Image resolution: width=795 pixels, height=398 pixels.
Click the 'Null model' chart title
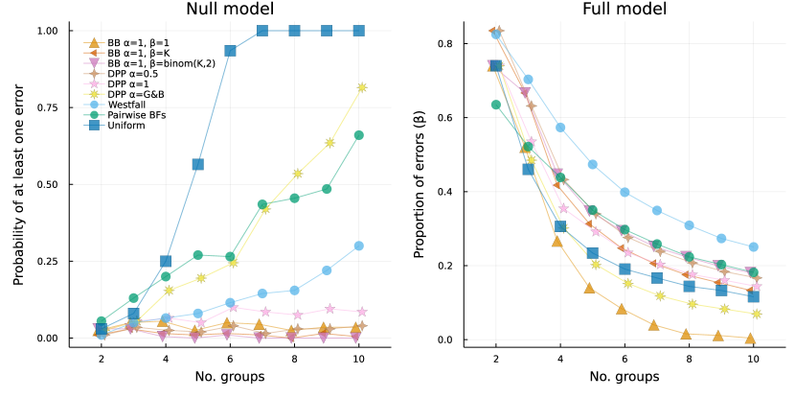click(x=230, y=11)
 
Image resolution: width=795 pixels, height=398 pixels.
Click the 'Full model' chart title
click(x=624, y=11)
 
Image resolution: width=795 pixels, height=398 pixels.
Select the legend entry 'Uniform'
click(x=125, y=125)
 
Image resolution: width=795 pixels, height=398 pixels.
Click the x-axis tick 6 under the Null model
click(x=230, y=357)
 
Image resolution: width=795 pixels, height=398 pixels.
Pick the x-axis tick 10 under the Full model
click(x=753, y=357)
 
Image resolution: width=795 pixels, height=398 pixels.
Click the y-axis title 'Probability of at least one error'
click(x=19, y=185)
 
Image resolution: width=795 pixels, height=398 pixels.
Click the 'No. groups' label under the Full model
click(x=624, y=377)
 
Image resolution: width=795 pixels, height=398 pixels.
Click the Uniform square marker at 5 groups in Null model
click(x=197, y=164)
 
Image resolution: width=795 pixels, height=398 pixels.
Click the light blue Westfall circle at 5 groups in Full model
click(x=592, y=164)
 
